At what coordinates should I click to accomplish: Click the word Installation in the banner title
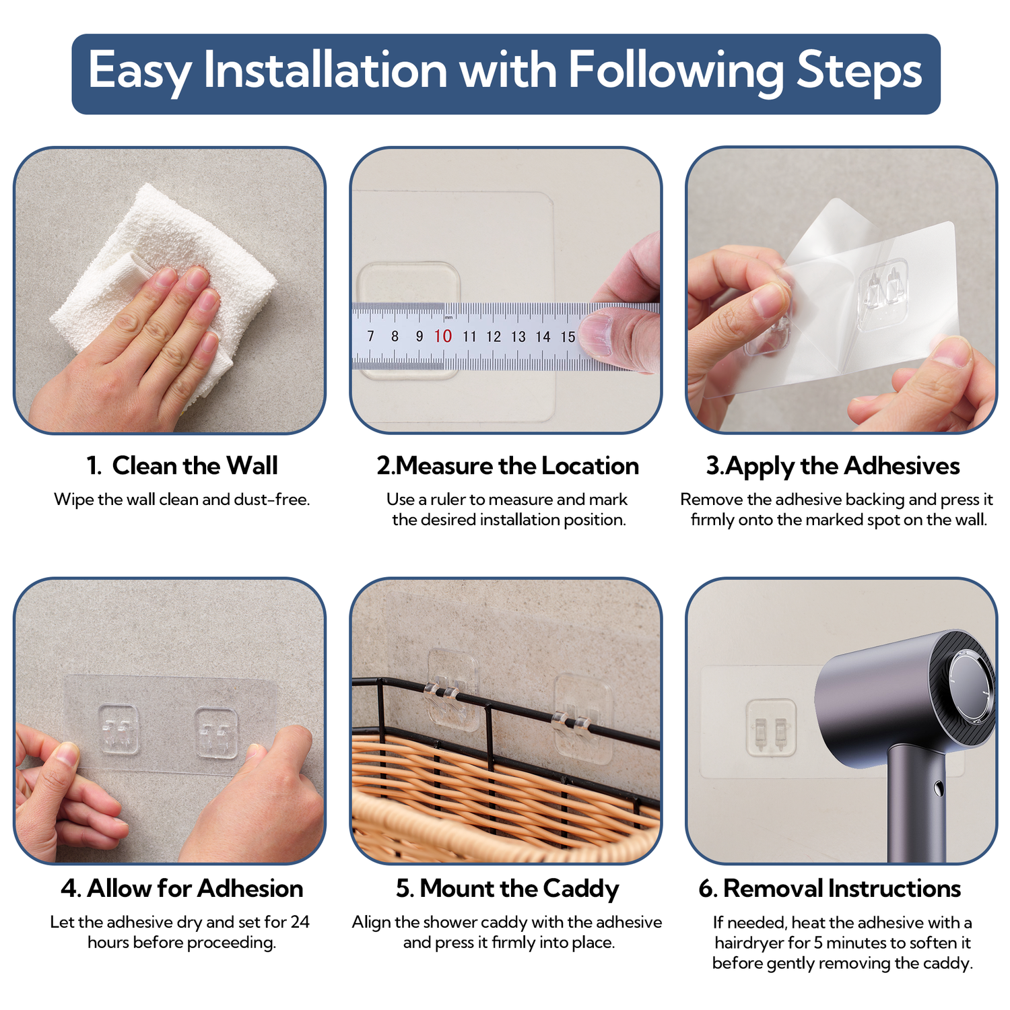(325, 70)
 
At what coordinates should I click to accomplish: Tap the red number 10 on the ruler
(442, 336)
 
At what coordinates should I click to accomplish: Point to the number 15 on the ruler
(568, 337)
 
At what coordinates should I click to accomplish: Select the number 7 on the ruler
(370, 335)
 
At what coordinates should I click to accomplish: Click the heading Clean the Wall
(195, 465)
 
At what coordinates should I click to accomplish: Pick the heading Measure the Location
(517, 465)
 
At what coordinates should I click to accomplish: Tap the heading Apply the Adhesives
(843, 466)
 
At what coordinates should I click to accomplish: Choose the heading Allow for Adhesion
(195, 888)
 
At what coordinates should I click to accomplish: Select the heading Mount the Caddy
(519, 889)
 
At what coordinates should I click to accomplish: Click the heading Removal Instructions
(842, 888)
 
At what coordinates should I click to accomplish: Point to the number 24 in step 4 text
(300, 922)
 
